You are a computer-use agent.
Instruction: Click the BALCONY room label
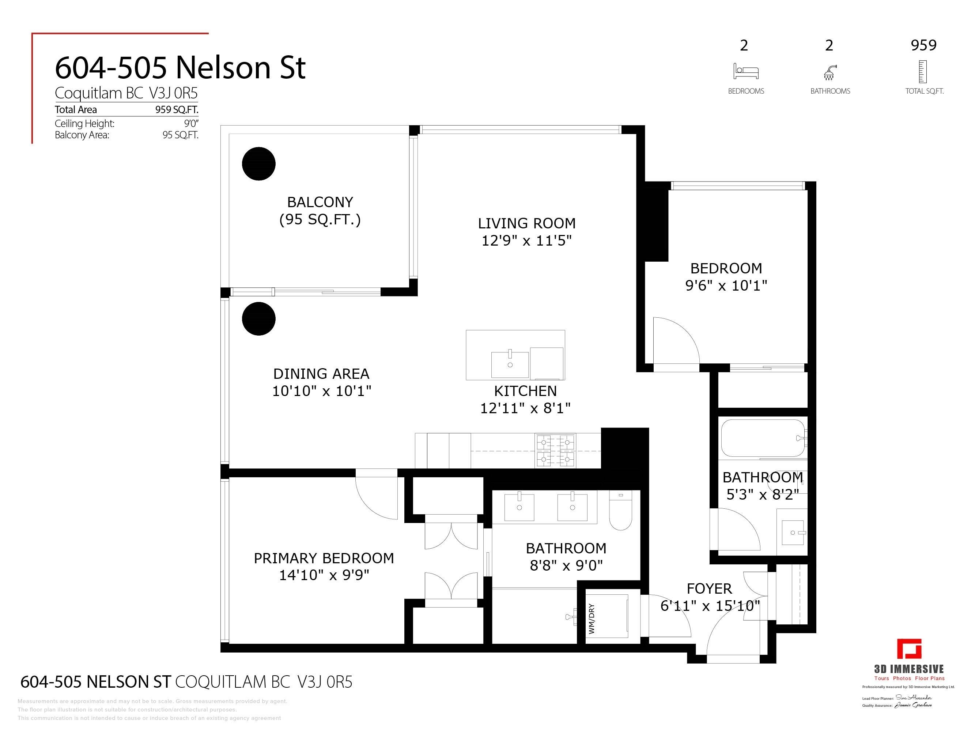pos(320,202)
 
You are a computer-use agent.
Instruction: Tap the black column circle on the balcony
pos(259,164)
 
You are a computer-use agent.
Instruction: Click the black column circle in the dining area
pos(259,318)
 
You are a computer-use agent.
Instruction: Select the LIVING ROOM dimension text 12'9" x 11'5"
pos(526,240)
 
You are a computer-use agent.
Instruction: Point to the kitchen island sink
pos(510,365)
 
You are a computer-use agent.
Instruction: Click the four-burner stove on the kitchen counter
pos(555,451)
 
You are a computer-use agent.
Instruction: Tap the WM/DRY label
pos(592,619)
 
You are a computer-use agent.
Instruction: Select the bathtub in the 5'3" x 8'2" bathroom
pos(763,438)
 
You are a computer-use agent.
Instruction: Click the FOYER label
pos(709,589)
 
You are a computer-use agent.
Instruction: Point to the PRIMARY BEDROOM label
pos(324,558)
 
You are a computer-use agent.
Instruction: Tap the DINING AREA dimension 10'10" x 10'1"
pos(321,391)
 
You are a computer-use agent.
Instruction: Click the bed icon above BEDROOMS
pos(746,71)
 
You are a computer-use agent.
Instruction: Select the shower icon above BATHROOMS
pos(829,72)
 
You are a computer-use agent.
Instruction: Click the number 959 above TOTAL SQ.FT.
pos(923,45)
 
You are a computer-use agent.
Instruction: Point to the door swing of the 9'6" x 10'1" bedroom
pos(675,342)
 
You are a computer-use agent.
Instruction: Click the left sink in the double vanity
pos(519,507)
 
